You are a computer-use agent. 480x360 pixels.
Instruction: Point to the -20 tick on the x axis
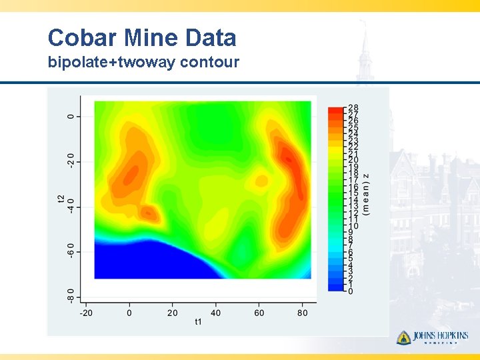point(86,312)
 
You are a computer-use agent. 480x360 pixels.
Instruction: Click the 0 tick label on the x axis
point(129,312)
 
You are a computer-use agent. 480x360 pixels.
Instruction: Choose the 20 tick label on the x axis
point(173,312)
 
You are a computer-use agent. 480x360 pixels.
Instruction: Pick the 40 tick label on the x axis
point(216,312)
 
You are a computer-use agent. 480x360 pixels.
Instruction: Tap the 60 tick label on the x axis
point(259,312)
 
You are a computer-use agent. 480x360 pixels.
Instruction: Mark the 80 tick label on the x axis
point(303,312)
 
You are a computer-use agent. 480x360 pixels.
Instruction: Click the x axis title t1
point(198,323)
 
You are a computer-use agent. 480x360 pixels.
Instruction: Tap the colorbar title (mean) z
point(366,193)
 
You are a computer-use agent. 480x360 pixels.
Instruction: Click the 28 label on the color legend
point(353,107)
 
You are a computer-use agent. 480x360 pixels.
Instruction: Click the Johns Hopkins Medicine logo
point(432,338)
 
